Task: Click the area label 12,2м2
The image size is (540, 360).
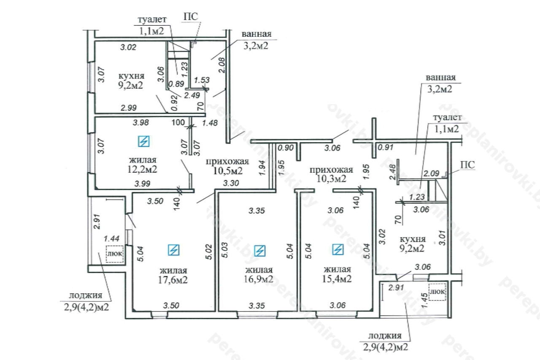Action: point(143,170)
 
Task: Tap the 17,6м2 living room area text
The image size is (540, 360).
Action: point(173,279)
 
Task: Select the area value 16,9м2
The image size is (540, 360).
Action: point(258,279)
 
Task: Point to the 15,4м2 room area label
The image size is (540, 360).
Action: point(337,279)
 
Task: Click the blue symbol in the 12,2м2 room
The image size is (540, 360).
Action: point(144,141)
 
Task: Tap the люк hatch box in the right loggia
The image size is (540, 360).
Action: point(437,292)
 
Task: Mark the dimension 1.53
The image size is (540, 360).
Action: point(202,80)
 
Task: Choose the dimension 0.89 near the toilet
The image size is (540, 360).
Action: point(176,84)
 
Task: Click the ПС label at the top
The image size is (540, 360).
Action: point(190,17)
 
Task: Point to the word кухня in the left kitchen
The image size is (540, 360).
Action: point(131,76)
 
